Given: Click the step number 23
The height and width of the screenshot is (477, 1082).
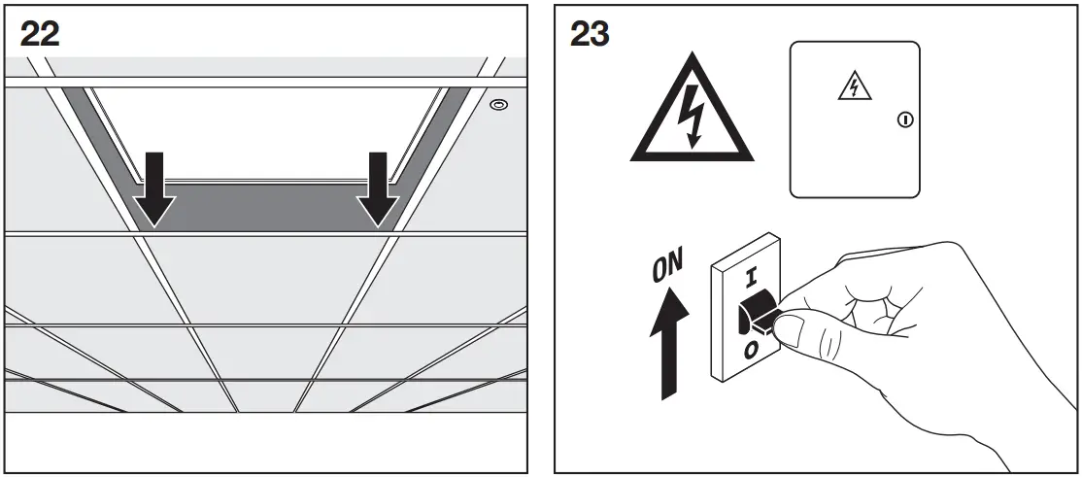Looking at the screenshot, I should tap(589, 35).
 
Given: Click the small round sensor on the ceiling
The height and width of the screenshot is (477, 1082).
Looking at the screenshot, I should tap(497, 104).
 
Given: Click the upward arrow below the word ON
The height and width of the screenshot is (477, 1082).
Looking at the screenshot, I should tap(668, 345).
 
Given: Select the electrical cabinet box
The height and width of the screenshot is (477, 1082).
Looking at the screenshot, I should tap(854, 119).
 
